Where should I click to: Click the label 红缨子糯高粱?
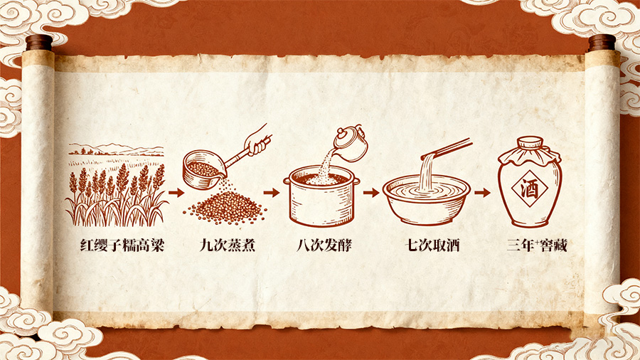coord(122,245)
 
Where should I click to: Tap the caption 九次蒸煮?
coord(228,245)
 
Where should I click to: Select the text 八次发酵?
coord(324,245)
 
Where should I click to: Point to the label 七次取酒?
coord(432,245)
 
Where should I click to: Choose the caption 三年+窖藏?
coord(537,245)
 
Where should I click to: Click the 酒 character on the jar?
coord(529,189)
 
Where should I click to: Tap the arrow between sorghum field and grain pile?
coord(176,192)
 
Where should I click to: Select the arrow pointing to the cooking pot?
coord(272,192)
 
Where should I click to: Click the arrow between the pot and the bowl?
coord(371,192)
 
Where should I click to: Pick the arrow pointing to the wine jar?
coord(482,192)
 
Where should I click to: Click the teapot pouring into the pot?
coord(351,142)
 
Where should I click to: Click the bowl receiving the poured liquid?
coord(426,200)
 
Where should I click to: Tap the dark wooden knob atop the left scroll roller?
coord(40,43)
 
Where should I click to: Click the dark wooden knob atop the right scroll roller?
coord(602,43)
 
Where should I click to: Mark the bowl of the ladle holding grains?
coord(203,169)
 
